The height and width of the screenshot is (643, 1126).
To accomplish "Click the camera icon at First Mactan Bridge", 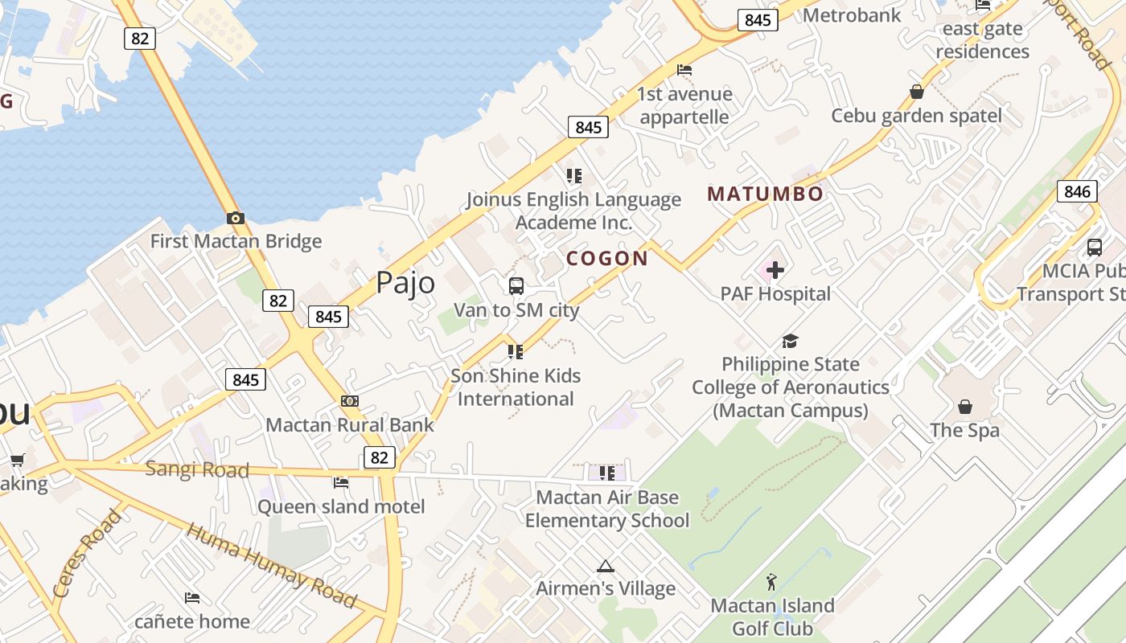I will tap(235, 218).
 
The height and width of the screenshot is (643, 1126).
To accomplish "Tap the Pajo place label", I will tap(406, 283).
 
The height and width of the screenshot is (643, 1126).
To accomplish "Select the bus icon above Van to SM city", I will tap(516, 285).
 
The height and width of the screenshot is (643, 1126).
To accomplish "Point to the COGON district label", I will tap(607, 259).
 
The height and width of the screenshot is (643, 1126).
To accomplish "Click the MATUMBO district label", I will tap(765, 194).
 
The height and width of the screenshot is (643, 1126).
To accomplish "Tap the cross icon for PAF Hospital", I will tap(775, 270).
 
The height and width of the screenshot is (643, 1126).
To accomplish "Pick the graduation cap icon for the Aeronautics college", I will tap(791, 341).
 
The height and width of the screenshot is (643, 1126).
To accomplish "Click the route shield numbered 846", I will tap(1077, 191).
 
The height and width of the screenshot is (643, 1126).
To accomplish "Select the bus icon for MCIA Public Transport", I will tap(1094, 248).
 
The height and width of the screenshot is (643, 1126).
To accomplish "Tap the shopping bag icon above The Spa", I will tap(965, 407).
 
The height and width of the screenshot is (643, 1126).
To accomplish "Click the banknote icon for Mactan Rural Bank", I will tap(350, 401).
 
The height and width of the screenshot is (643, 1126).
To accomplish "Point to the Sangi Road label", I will tap(197, 469).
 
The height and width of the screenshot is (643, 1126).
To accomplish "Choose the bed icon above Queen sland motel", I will tap(341, 483).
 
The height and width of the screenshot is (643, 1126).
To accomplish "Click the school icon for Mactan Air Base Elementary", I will tap(607, 473).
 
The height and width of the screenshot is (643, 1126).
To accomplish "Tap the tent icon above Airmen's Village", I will tap(606, 566).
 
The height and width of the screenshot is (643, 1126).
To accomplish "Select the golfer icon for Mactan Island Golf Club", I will tap(772, 582).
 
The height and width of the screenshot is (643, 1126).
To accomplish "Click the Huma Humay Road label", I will tap(272, 565).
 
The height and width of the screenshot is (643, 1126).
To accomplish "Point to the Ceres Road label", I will tap(87, 552).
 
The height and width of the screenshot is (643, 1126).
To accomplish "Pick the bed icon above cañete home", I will tap(192, 598).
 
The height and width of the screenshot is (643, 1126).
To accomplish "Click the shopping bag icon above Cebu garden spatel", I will tap(917, 92).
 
